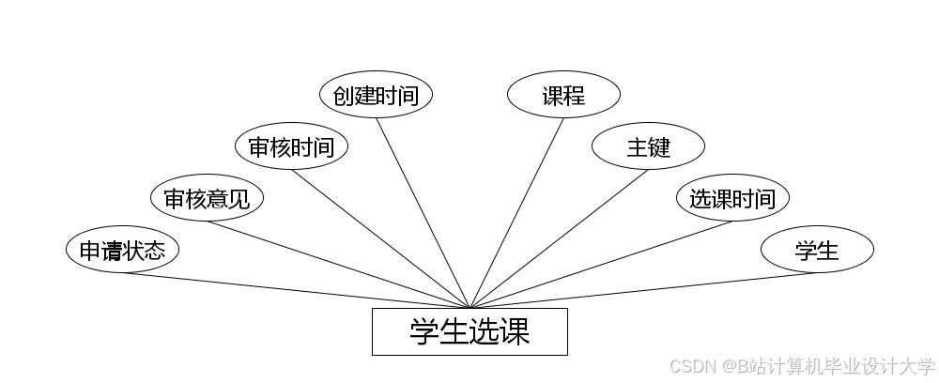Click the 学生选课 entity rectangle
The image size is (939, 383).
[x=469, y=331]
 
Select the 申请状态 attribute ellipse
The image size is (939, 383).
[x=122, y=251]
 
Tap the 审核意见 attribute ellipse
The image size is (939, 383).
[x=207, y=199]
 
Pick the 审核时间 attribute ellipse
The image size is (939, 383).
[x=291, y=147]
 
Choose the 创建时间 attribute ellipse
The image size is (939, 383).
[x=376, y=96]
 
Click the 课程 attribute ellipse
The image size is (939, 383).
[x=563, y=96]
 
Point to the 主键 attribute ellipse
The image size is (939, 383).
[x=648, y=147]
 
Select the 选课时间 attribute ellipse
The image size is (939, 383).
[x=732, y=199]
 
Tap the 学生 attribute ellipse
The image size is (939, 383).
[x=817, y=251]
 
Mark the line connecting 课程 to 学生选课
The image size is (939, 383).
[x=516, y=212]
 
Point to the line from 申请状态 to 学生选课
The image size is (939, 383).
[x=296, y=290]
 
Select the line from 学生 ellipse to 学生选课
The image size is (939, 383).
[x=643, y=290]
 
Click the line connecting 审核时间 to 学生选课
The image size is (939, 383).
[x=380, y=238]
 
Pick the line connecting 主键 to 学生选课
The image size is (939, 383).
[x=559, y=238]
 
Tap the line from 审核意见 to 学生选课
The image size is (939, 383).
[x=338, y=265]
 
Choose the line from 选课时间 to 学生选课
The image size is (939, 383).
[x=601, y=265]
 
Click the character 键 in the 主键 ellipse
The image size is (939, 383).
[x=659, y=147]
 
